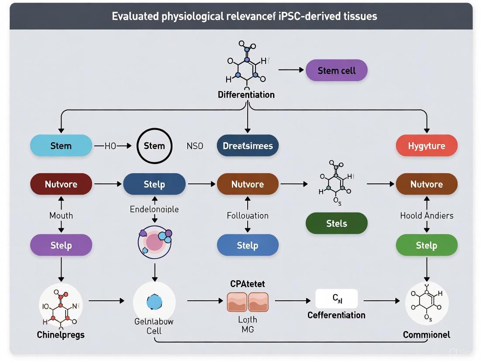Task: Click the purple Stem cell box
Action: (336, 70)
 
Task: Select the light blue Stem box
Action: (61, 146)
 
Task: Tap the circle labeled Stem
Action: (154, 146)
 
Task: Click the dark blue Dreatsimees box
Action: (248, 146)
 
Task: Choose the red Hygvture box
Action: (426, 146)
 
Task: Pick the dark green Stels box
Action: (336, 223)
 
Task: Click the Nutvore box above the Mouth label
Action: (61, 184)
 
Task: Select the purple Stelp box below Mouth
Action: (61, 245)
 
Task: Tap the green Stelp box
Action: (426, 245)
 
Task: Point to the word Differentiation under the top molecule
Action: (246, 95)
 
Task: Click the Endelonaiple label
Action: (154, 209)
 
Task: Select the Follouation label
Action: (248, 216)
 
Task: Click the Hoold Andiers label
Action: (426, 216)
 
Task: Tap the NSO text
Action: (195, 146)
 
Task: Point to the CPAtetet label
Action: (248, 284)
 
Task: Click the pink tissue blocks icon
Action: (248, 302)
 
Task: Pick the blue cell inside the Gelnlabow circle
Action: (154, 302)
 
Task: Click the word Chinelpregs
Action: (61, 335)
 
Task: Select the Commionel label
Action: (426, 335)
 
